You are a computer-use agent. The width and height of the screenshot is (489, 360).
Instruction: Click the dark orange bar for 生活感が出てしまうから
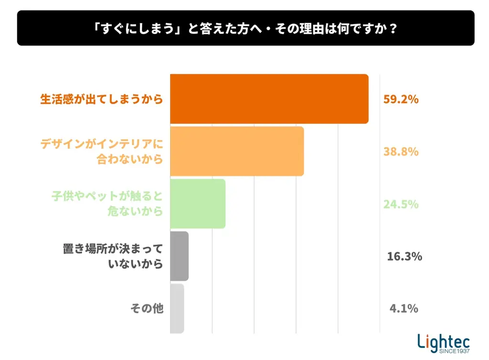269,99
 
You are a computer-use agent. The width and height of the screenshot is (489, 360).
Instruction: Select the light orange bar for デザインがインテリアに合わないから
237,151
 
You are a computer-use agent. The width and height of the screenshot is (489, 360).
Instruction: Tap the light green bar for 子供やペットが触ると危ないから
198,204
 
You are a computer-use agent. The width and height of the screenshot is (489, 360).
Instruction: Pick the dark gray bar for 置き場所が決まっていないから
179,256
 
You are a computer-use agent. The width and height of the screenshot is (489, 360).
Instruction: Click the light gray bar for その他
177,308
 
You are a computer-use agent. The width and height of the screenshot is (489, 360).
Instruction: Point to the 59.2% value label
401,100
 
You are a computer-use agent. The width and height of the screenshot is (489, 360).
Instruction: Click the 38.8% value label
401,152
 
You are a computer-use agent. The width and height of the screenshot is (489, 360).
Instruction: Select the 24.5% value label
401,204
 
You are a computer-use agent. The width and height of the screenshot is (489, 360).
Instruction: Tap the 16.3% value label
404,256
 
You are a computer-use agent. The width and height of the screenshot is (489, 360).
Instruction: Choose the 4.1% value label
404,308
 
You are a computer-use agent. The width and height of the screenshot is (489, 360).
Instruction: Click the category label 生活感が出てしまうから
101,99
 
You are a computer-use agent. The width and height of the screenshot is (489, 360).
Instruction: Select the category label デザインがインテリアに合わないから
102,151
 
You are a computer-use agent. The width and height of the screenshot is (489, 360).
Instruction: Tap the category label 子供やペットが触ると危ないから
107,204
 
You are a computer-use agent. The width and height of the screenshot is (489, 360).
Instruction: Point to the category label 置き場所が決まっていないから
113,256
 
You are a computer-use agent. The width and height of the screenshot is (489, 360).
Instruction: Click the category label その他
147,308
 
